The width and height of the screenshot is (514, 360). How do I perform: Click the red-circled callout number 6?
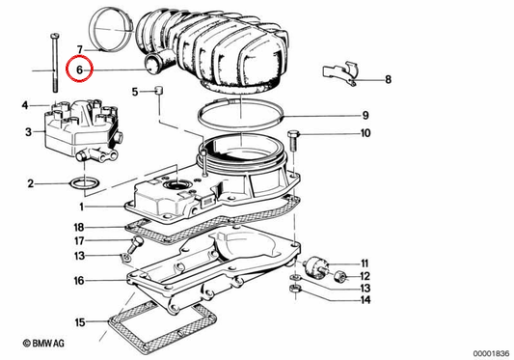pyautogui.click(x=79, y=69)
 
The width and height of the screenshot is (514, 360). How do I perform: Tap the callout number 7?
pyautogui.click(x=80, y=50)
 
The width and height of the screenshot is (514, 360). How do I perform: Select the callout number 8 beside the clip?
pyautogui.click(x=388, y=79)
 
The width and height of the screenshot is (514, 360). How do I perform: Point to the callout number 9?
pyautogui.click(x=365, y=116)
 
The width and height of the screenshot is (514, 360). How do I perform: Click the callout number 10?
pyautogui.click(x=365, y=133)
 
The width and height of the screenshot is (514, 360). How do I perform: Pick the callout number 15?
pyautogui.click(x=80, y=322)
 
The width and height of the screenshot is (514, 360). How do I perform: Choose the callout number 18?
pyautogui.click(x=79, y=227)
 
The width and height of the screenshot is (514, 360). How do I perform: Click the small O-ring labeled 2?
pyautogui.click(x=85, y=183)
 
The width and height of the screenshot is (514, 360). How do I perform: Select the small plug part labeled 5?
pyautogui.click(x=159, y=90)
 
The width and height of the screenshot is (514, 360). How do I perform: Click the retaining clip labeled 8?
pyautogui.click(x=340, y=74)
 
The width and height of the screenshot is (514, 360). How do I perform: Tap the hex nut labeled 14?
pyautogui.click(x=295, y=290)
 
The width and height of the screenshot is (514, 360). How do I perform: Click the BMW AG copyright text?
pyautogui.click(x=43, y=344)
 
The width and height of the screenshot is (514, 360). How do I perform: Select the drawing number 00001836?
pyautogui.click(x=491, y=353)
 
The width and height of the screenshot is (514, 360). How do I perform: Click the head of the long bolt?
pyautogui.click(x=55, y=36)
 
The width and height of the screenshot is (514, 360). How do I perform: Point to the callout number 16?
pyautogui.click(x=79, y=281)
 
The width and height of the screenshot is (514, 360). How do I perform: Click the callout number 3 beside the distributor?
pyautogui.click(x=29, y=132)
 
